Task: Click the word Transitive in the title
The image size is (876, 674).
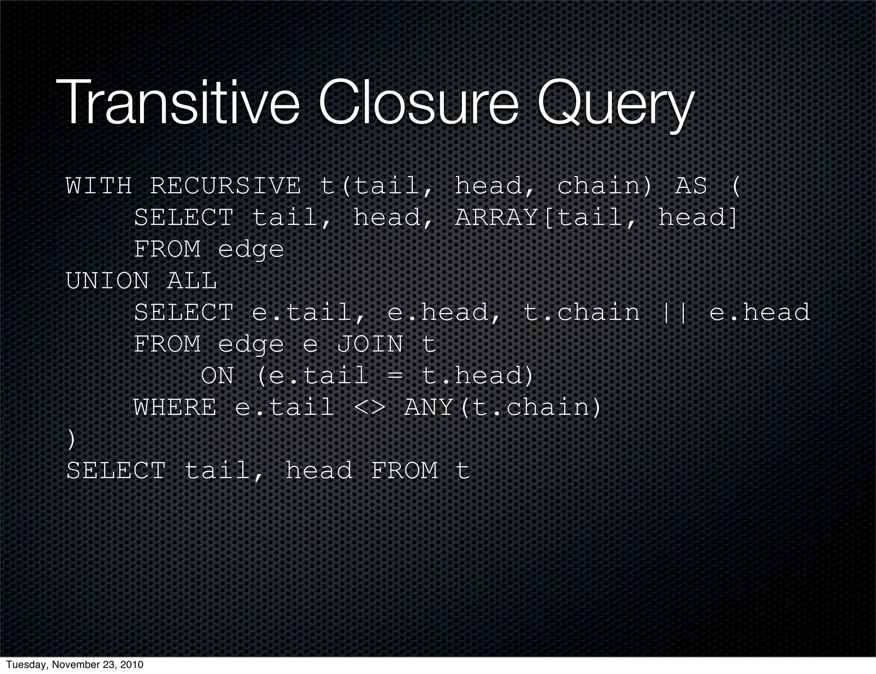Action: tap(178, 105)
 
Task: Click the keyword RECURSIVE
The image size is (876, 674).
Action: tap(225, 186)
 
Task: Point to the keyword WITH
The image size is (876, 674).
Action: tap(99, 186)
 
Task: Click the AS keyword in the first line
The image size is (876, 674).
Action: tap(691, 186)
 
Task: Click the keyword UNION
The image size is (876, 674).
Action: tap(107, 281)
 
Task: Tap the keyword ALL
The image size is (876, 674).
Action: tap(192, 281)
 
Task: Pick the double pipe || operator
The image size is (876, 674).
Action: tap(674, 313)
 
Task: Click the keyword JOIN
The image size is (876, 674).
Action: tap(370, 344)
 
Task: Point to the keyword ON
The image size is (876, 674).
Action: tap(217, 376)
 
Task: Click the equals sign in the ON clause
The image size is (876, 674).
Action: tap(395, 376)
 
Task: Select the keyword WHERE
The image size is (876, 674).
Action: tap(175, 407)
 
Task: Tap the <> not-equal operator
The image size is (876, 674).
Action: tap(369, 407)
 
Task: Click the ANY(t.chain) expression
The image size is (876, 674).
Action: tap(503, 407)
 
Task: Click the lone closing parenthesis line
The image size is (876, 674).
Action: tap(71, 440)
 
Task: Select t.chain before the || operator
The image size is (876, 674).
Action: tap(582, 313)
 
